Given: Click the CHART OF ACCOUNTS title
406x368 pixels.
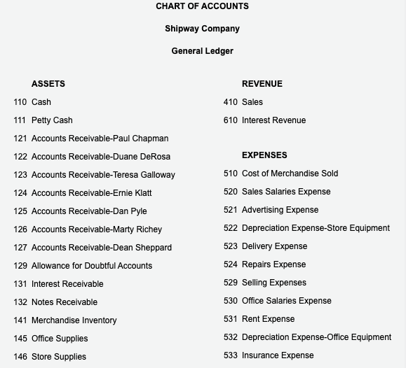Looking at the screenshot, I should [202, 6].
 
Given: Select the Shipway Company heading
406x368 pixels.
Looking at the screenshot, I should [202, 29].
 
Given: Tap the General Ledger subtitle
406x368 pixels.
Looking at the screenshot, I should [202, 51].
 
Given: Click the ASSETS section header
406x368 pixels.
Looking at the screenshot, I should [48, 84].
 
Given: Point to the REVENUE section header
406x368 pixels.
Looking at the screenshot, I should [262, 84].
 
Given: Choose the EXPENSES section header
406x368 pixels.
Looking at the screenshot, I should [264, 155].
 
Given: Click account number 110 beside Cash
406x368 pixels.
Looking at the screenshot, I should [20, 102].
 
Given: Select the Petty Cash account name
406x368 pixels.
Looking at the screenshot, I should [52, 120].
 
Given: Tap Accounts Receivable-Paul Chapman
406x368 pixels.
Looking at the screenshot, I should [100, 139].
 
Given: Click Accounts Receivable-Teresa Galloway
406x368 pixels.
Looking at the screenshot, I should [103, 175].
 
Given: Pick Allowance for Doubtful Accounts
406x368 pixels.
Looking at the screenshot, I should [92, 266].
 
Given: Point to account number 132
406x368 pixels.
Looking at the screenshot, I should [20, 302].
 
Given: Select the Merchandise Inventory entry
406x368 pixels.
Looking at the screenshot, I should [74, 320].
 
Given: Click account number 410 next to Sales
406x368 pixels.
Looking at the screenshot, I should [231, 102].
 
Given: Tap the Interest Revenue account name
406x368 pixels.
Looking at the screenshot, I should [273, 120].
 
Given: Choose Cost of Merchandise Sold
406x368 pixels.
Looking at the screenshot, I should [290, 174].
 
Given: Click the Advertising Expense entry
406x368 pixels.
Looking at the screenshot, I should [280, 210].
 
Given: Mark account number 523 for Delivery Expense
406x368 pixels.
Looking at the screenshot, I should [231, 246].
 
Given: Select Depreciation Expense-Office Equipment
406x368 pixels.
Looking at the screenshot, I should [316, 337].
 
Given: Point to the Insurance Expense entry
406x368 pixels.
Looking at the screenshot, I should [278, 355].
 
